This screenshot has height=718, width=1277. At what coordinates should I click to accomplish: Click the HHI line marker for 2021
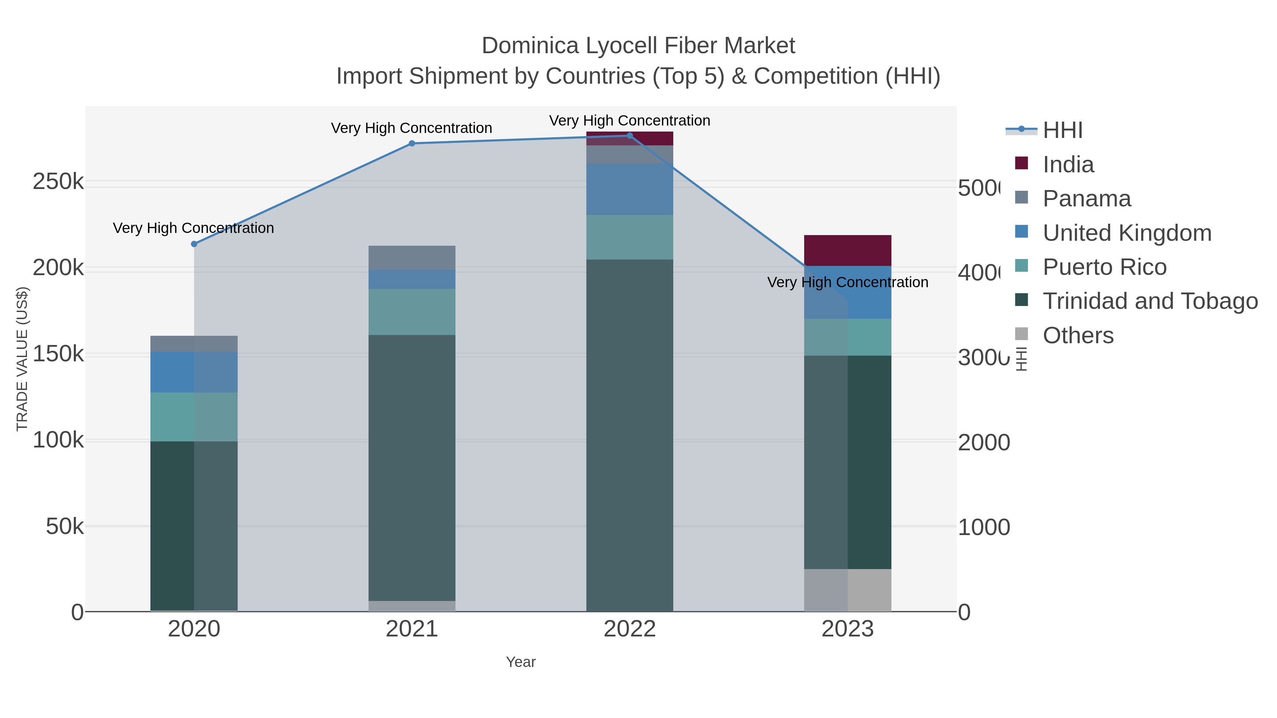tap(411, 144)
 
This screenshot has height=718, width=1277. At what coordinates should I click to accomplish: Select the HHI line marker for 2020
tap(194, 244)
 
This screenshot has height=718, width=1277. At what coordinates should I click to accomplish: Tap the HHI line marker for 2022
tap(630, 136)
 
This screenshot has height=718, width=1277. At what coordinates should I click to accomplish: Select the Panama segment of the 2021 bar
tap(411, 258)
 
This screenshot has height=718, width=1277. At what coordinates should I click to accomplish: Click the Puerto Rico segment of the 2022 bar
tap(630, 237)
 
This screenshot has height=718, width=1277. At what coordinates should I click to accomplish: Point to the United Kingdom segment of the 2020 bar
tap(194, 372)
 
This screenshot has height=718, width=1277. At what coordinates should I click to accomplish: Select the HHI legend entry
tap(1062, 130)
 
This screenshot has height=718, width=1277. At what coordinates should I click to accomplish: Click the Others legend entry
tap(1078, 335)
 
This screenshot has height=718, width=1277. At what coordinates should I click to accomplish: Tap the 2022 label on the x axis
tap(630, 629)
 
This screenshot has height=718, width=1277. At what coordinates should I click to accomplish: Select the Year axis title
tap(520, 662)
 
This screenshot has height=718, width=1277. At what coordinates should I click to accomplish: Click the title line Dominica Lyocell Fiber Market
tap(638, 46)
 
